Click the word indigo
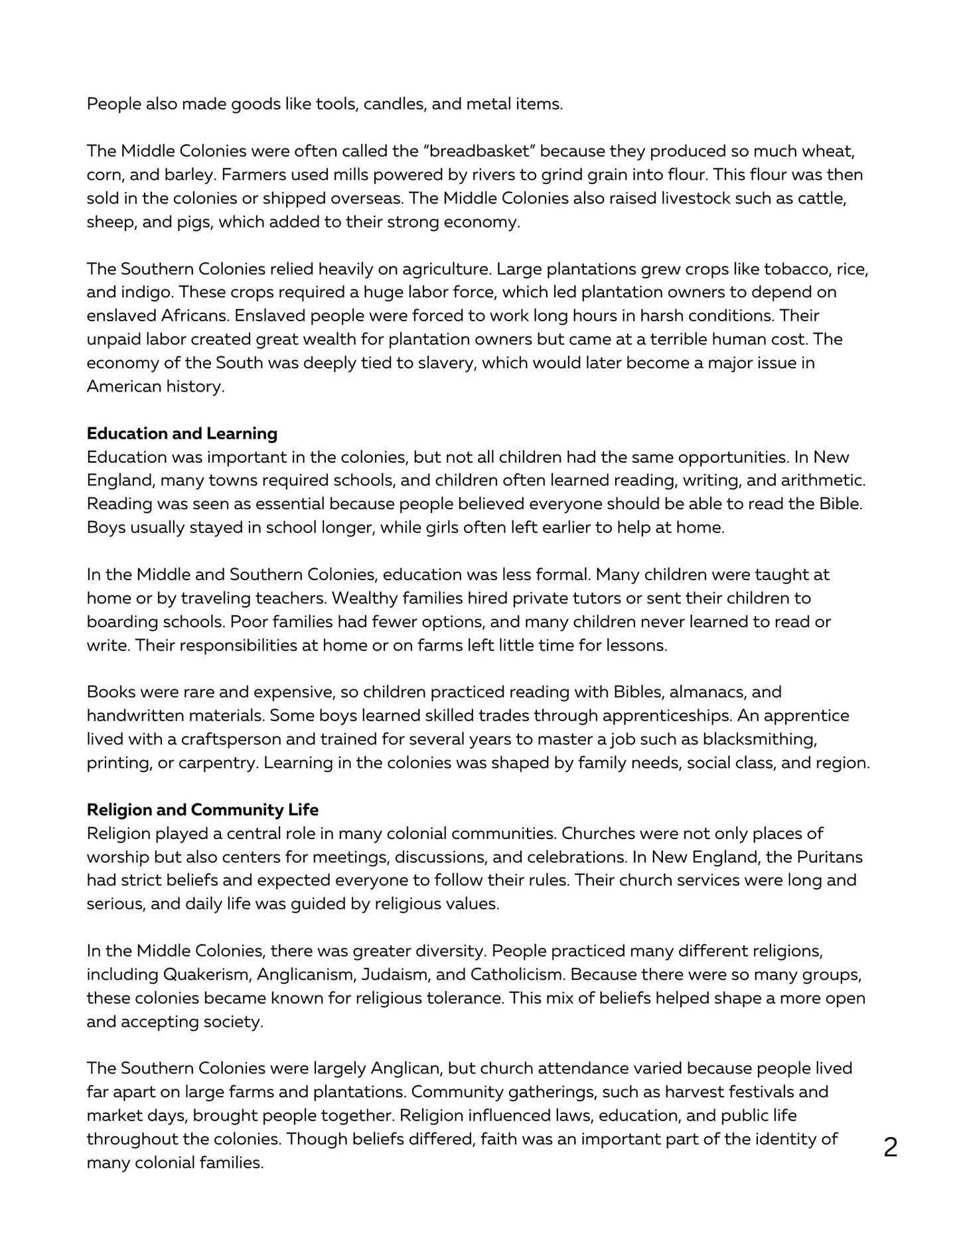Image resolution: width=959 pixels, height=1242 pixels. (x=145, y=293)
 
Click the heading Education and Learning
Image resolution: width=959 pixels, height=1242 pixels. (x=182, y=434)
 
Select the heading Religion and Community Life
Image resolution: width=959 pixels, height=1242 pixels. (x=202, y=810)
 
